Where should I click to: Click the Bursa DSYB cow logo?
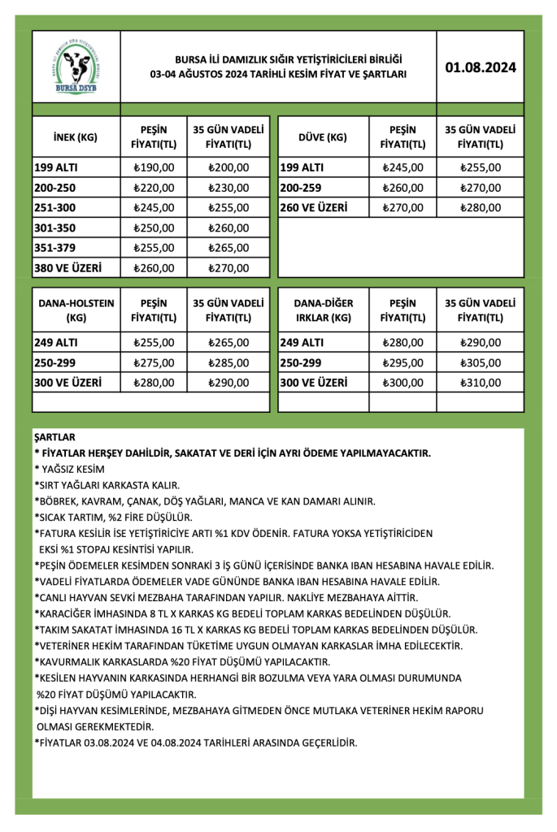[75, 67]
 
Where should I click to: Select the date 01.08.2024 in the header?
[481, 67]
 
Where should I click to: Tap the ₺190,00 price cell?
[154, 168]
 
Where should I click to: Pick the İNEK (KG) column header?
[75, 137]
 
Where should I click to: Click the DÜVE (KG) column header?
[322, 137]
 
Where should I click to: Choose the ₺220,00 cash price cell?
[154, 188]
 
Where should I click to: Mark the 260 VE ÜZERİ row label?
[315, 207]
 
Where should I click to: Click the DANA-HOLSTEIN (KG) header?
[76, 310]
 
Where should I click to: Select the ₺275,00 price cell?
[154, 362]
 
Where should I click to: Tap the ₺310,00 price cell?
[481, 382]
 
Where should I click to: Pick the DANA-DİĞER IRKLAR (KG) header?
[323, 310]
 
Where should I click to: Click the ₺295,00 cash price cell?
[403, 362]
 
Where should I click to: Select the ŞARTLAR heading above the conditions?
[54, 437]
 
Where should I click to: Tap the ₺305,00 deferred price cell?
[481, 362]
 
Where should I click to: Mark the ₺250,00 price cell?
[154, 227]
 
